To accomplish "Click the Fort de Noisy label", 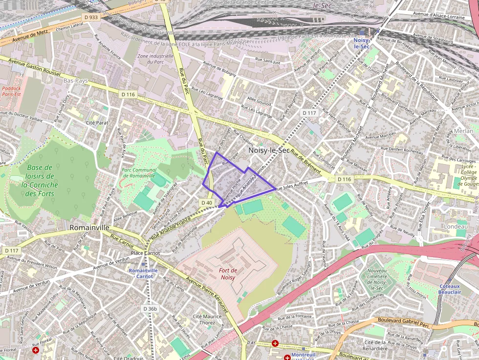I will [228, 274].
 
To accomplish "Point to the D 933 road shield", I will [91, 17].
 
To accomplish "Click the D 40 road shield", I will [206, 202].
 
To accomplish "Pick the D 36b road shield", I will [151, 309].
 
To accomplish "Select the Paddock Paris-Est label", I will [11, 91].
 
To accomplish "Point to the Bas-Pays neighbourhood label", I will [75, 80].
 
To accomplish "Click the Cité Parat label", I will [97, 123].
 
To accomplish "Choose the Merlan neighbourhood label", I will [463, 131].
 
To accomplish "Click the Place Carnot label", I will [145, 253].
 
